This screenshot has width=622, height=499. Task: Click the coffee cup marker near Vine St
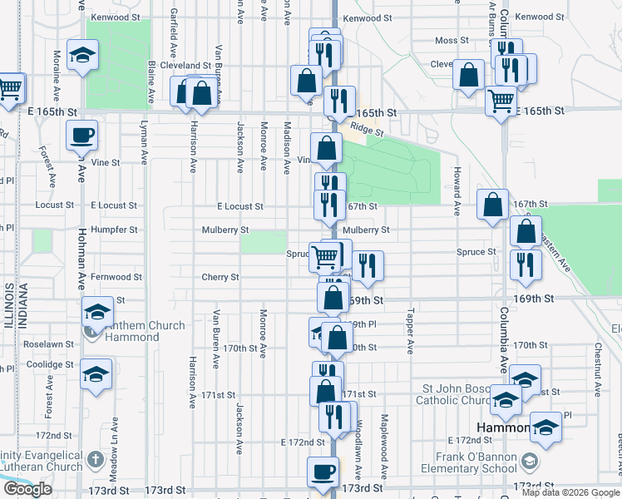[81, 135]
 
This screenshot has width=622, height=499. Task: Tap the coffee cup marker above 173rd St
[323, 472]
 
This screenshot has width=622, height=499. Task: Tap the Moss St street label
[452, 41]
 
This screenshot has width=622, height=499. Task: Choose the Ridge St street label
[367, 129]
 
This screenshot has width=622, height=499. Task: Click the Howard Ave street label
[457, 190]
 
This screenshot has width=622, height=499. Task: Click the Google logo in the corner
[27, 489]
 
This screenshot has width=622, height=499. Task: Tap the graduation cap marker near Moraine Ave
[82, 56]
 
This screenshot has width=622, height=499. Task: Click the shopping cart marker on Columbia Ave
[501, 101]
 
